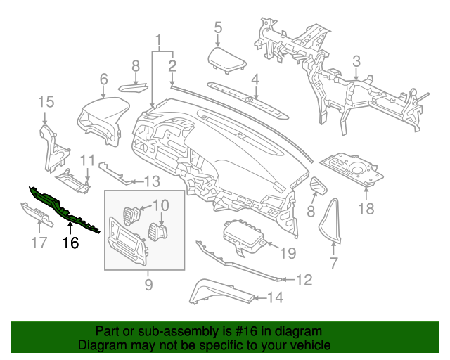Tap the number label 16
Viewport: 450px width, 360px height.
[x=70, y=244]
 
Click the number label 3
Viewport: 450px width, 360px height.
[x=356, y=61]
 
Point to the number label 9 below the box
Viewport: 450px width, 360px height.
[x=148, y=284]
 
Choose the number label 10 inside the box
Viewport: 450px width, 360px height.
[x=161, y=205]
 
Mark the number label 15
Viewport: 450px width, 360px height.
[x=46, y=103]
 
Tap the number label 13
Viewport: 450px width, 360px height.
[x=153, y=181]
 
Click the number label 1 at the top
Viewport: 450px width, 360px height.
[x=159, y=39]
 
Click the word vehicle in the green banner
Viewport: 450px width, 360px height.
[x=311, y=346]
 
